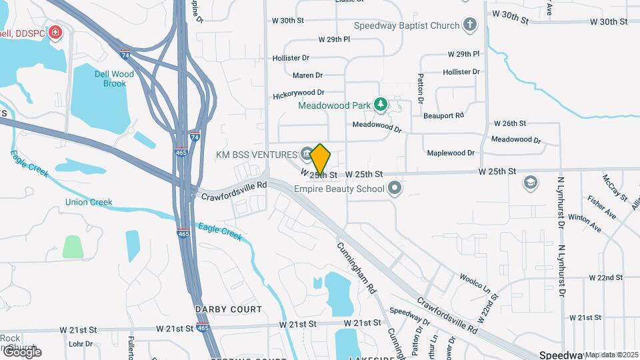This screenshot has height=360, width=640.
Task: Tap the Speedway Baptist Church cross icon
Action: (x=470, y=25)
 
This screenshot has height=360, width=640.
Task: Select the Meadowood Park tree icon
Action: (x=380, y=105)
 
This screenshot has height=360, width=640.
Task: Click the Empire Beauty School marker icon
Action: (x=395, y=188)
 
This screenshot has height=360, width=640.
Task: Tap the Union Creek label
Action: (x=89, y=202)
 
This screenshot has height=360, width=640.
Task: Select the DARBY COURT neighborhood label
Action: (x=229, y=309)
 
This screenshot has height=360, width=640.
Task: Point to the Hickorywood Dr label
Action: (x=298, y=95)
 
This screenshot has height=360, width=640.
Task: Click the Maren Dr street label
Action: (x=307, y=75)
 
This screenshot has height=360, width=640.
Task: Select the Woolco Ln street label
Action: (x=474, y=282)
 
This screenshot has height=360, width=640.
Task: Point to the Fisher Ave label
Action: (x=601, y=207)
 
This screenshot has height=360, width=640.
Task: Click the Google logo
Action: (x=22, y=351)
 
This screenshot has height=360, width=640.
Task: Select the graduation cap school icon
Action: (x=531, y=183)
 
